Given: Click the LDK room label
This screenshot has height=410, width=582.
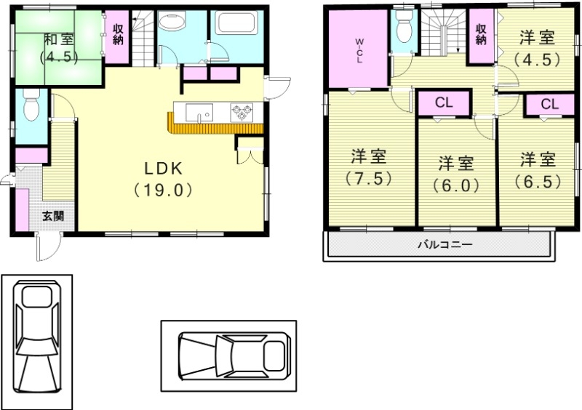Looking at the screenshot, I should (167, 168).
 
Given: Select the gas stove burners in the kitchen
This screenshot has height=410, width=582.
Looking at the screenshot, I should (242, 113).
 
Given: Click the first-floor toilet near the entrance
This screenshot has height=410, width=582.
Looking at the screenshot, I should (31, 108).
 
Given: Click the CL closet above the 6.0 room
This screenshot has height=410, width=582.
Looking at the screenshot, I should (444, 103).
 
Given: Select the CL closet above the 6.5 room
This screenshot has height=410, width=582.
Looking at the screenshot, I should (549, 104).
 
